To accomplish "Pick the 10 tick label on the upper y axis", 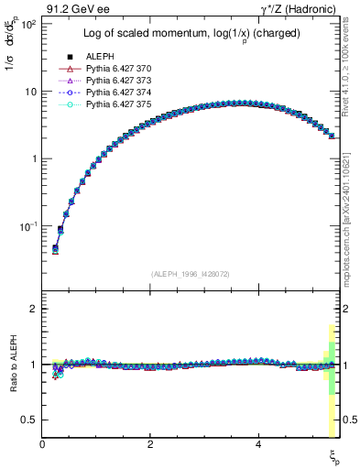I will (x=29, y=92).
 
